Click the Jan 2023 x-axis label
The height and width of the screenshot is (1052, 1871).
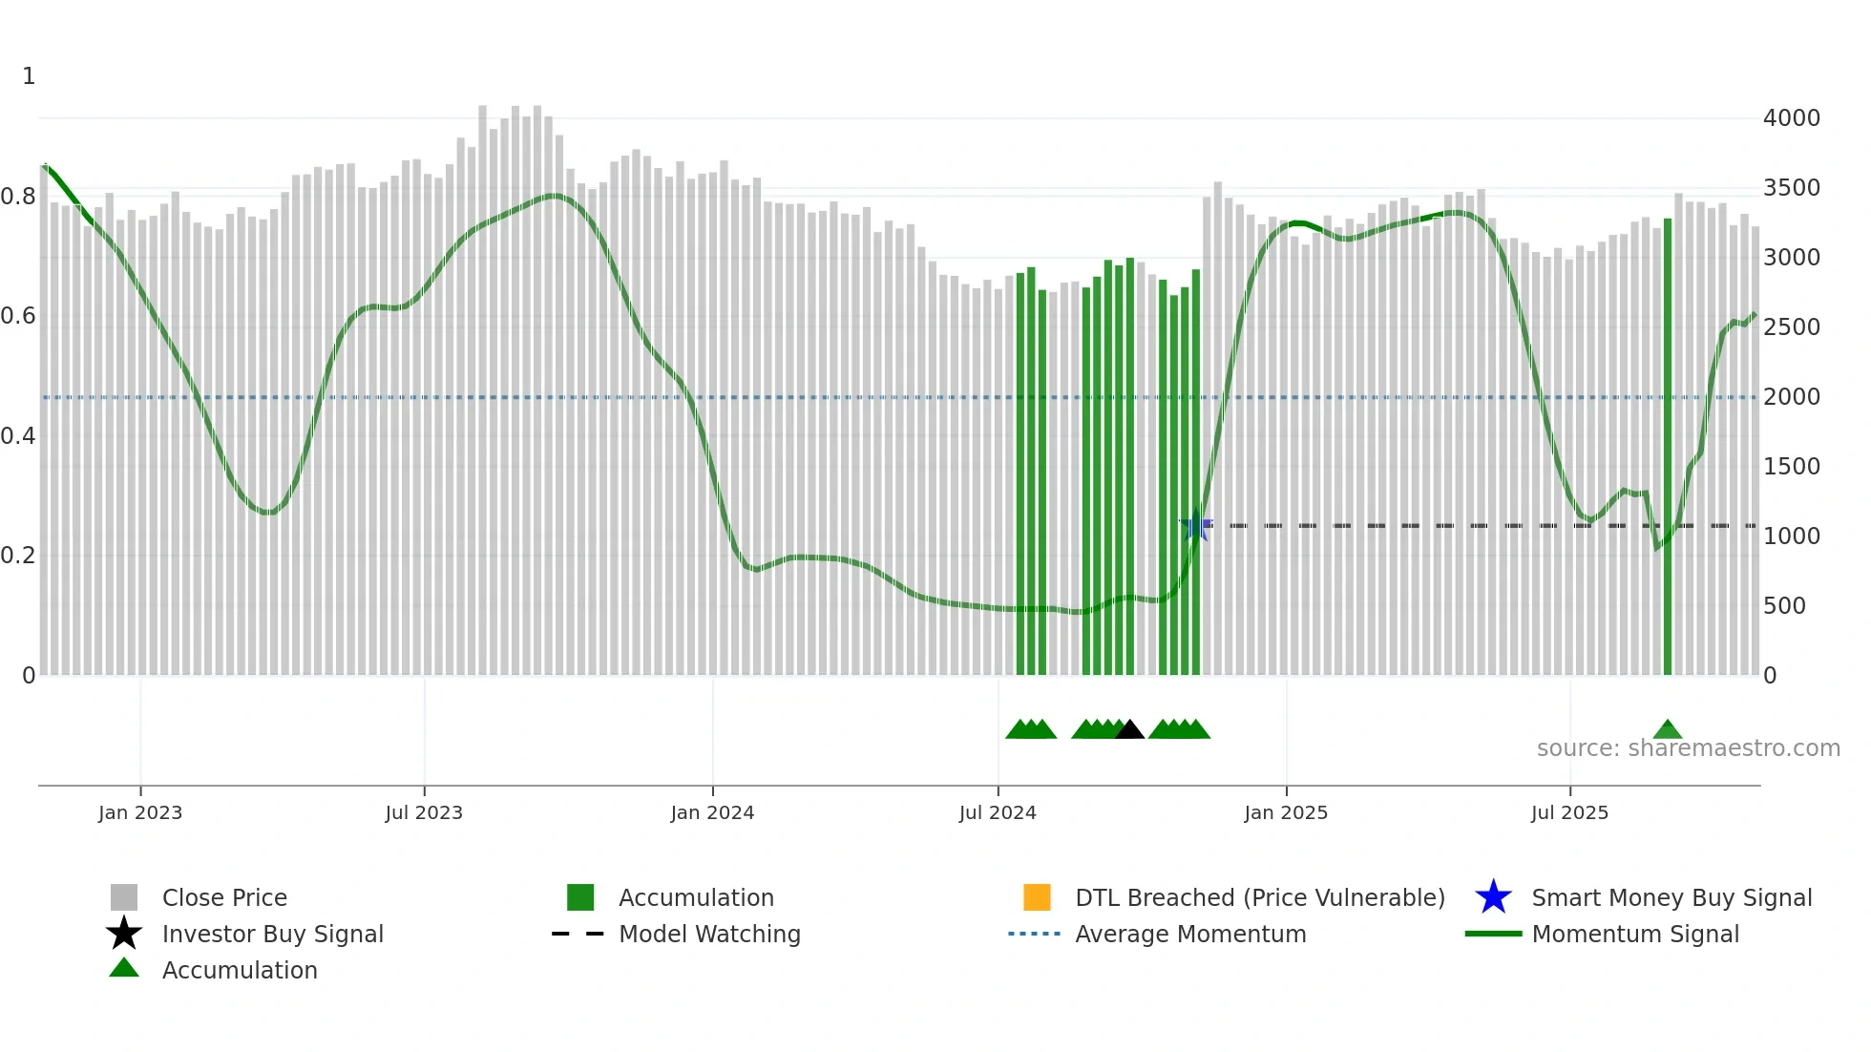[140, 812]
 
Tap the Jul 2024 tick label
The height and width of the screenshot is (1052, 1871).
[998, 812]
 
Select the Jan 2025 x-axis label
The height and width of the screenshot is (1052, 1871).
[1286, 812]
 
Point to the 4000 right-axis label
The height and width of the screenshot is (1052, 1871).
[1792, 118]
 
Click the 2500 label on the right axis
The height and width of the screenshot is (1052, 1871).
[1792, 327]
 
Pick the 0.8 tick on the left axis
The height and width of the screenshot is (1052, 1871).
[18, 197]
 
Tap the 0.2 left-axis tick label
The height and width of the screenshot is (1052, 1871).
[18, 556]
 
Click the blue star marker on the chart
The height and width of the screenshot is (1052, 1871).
[1196, 525]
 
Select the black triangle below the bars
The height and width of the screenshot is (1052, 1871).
[1130, 729]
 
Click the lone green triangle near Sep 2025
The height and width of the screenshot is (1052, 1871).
[1667, 729]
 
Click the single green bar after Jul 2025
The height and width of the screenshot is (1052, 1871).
[1668, 449]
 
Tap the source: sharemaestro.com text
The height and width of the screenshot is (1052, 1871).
[1688, 748]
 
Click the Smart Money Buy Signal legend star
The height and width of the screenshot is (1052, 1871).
[1493, 897]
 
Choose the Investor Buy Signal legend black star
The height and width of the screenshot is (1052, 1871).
[124, 934]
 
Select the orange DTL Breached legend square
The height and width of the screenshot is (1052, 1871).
[1037, 897]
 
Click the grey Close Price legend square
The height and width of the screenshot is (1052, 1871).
[124, 897]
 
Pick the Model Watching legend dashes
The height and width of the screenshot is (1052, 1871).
[578, 934]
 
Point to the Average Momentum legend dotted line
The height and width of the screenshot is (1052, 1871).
[1035, 934]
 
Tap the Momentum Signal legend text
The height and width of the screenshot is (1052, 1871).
[1635, 934]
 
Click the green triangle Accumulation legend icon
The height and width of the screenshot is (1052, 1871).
[124, 968]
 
